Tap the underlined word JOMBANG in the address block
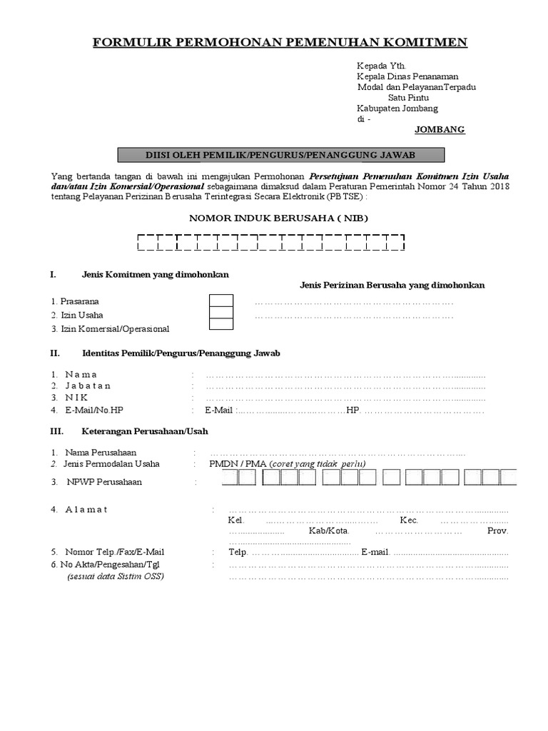[440, 130]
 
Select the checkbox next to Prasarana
[221, 301]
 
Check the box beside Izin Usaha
[221, 313]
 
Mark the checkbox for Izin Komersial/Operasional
[221, 325]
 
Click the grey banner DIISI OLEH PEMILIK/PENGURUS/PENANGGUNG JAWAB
[280, 155]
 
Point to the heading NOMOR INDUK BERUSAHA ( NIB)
[279, 218]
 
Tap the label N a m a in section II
[81, 374]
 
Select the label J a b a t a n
[88, 385]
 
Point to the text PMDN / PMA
[237, 464]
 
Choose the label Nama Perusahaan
[101, 453]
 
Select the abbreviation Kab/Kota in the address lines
[328, 531]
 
